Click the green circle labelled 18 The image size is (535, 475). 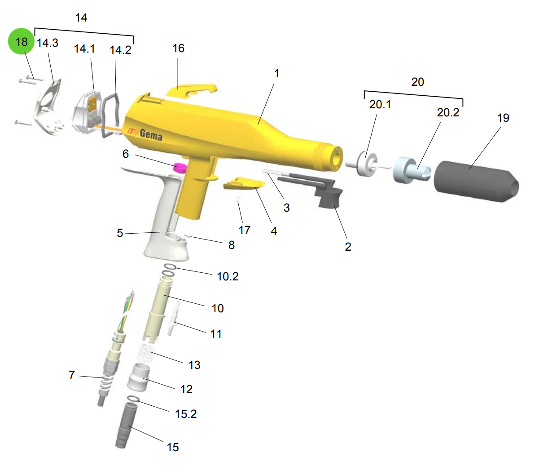(x=21, y=41)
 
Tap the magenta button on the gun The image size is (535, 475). (x=180, y=168)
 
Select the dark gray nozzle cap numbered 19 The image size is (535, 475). (x=476, y=181)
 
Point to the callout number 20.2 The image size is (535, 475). (x=448, y=112)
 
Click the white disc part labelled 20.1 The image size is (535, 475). (x=364, y=163)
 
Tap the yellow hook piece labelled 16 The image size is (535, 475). (x=192, y=91)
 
